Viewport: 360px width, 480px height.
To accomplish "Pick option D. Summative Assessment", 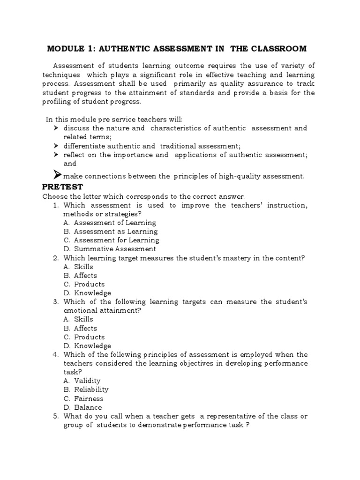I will [x=110, y=249].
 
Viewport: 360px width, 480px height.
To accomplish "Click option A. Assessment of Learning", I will [x=109, y=223].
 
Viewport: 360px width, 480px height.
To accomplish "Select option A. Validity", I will [x=82, y=381].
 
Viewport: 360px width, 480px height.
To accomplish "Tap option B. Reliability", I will [x=86, y=390].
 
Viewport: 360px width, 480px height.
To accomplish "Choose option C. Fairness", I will [x=83, y=398].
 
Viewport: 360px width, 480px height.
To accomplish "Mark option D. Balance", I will [x=82, y=407].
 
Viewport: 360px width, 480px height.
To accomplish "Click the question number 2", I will [x=55, y=258].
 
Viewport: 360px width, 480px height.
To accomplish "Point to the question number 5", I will [x=55, y=416].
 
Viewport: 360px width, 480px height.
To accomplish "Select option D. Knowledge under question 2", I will [x=87, y=293].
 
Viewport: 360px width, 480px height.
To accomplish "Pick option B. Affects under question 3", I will [x=80, y=328].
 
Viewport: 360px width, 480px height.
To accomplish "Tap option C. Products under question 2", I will [x=84, y=284].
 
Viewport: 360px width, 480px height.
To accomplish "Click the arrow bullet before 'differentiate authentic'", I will [x=55, y=146].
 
